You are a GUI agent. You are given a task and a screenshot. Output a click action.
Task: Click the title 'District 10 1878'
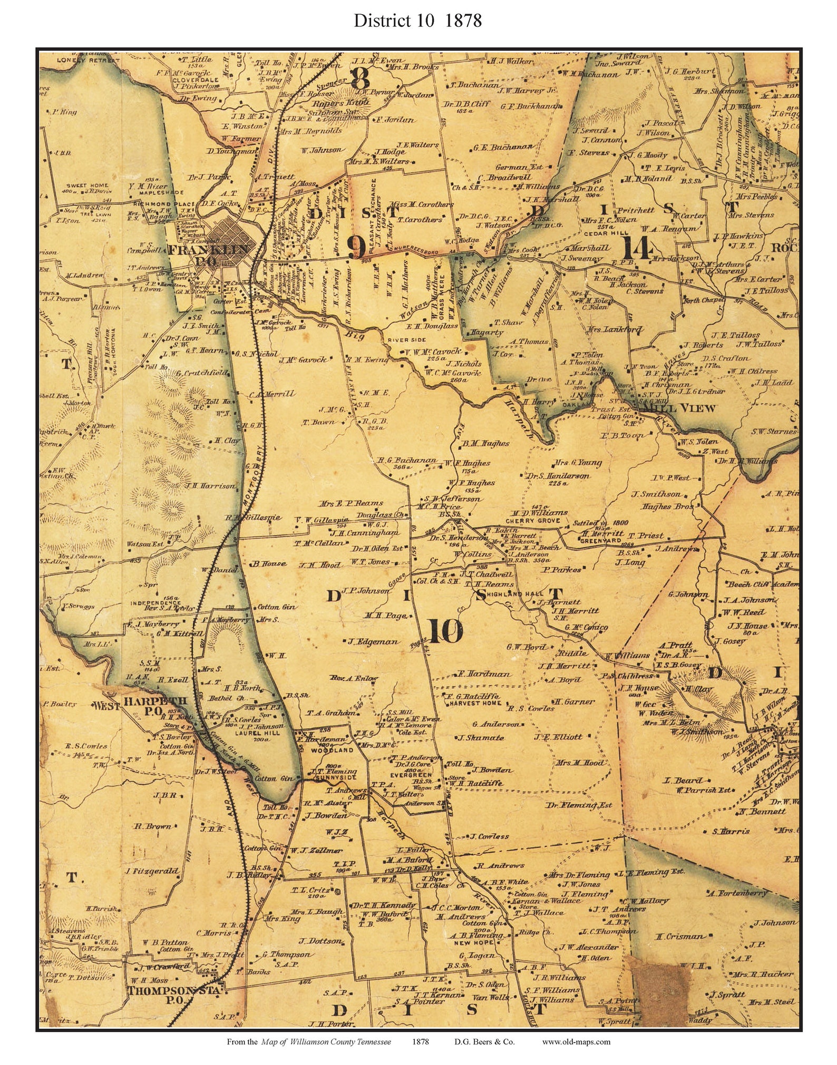(x=417, y=21)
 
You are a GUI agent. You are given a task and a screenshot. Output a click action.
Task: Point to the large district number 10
(x=445, y=631)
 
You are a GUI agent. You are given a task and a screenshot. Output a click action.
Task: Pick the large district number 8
(x=360, y=79)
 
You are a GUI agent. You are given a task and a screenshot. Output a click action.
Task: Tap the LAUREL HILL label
(x=252, y=733)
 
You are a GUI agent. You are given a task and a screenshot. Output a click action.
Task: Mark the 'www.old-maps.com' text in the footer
(x=576, y=1041)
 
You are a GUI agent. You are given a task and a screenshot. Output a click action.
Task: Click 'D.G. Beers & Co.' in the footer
(x=484, y=1041)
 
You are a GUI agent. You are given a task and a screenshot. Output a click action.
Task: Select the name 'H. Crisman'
(x=680, y=936)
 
